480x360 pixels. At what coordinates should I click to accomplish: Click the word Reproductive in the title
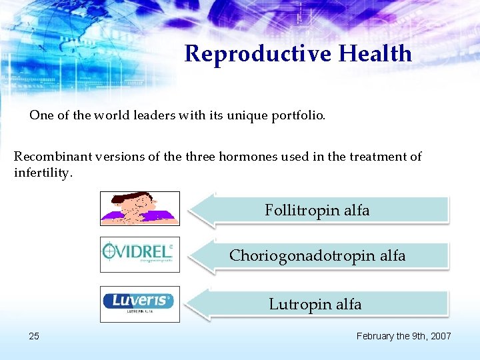point(257,54)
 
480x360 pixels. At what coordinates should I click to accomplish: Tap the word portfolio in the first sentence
point(297,115)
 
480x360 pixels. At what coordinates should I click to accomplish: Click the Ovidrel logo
point(139,255)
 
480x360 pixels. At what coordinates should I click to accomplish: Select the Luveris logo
point(139,303)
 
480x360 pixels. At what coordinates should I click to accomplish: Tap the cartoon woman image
point(139,209)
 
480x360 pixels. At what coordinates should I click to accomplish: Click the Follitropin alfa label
point(317,211)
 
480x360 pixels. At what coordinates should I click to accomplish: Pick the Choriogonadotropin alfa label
point(317,256)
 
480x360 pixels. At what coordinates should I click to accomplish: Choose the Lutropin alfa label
point(315,305)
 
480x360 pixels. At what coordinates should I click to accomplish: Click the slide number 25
point(34,336)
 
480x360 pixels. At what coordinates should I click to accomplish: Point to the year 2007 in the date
point(440,336)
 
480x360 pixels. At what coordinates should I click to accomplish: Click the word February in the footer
point(377,336)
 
